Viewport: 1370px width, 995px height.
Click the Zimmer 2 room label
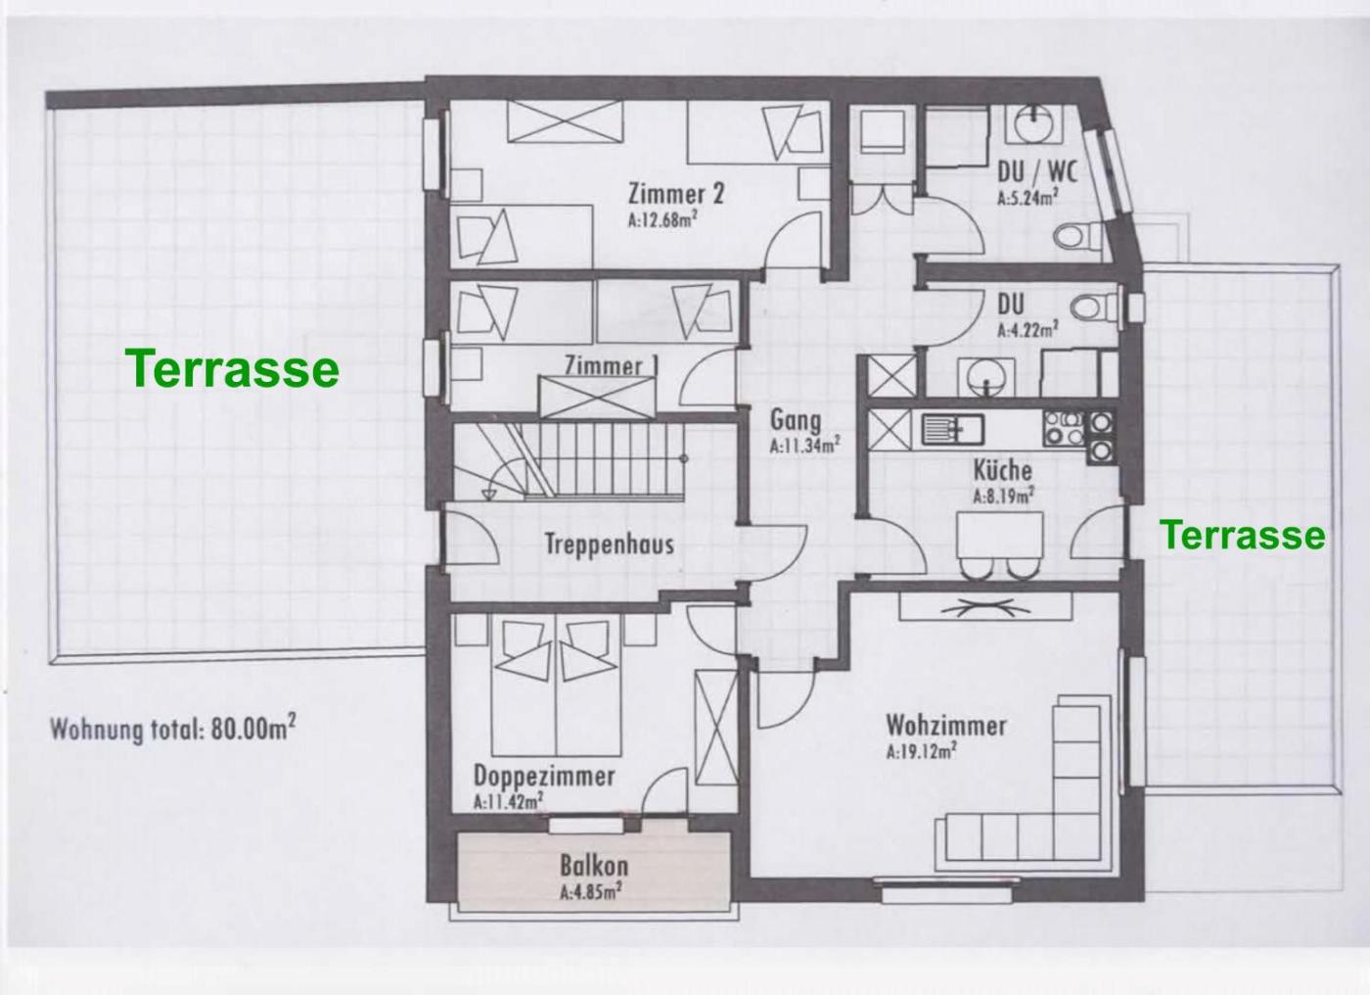(x=676, y=194)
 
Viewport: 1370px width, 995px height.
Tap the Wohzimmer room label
(x=946, y=727)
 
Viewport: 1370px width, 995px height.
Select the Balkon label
(x=594, y=867)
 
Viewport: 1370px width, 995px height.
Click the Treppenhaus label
(x=609, y=544)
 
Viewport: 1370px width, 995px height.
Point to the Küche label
(x=1002, y=470)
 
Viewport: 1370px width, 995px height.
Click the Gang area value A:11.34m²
(x=804, y=446)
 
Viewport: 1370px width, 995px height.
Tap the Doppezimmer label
(x=544, y=777)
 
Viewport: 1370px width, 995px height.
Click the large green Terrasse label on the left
(x=235, y=368)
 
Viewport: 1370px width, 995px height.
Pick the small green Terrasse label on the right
(x=1244, y=534)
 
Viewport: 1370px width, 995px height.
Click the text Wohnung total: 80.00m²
(x=173, y=729)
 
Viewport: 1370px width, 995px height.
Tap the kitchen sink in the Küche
(x=953, y=429)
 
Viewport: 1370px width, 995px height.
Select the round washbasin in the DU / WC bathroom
(x=1035, y=123)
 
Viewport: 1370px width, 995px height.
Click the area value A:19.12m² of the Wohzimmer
(x=922, y=751)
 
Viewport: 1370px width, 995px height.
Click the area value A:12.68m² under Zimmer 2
(x=663, y=219)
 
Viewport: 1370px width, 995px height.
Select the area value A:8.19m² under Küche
(x=1004, y=495)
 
